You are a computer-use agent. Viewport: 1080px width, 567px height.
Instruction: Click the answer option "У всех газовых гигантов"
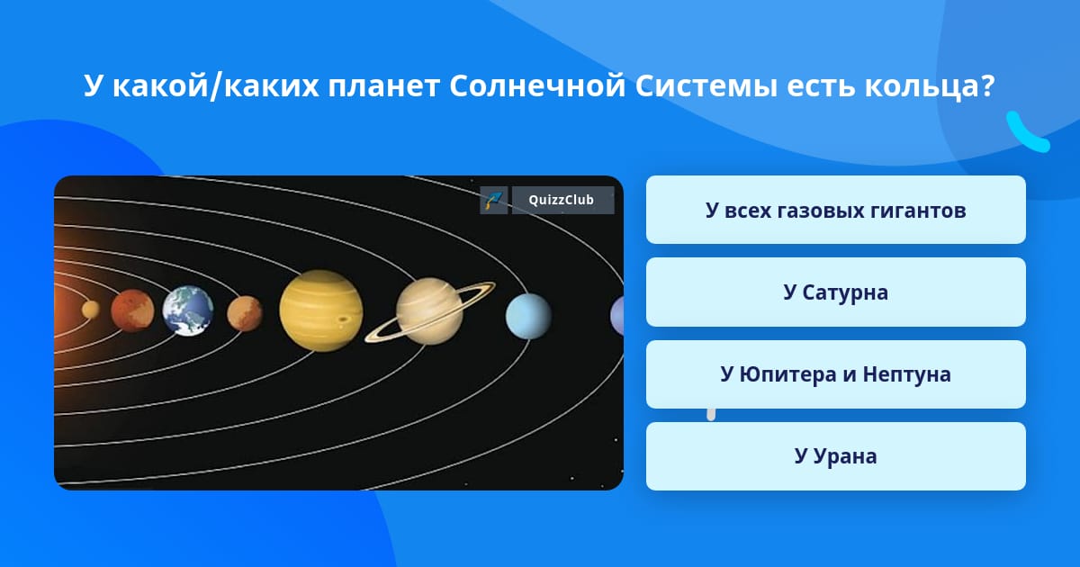[x=835, y=210]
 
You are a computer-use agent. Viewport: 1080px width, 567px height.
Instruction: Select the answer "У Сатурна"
[x=835, y=292]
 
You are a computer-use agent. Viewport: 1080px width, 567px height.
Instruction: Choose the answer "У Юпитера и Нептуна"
[x=835, y=374]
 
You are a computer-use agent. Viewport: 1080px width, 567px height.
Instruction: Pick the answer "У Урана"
[x=835, y=456]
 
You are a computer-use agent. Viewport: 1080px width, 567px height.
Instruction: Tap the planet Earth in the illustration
[x=188, y=311]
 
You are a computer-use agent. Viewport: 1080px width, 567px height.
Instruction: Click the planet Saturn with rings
[x=429, y=311]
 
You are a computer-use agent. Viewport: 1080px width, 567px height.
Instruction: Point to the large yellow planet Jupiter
[x=321, y=310]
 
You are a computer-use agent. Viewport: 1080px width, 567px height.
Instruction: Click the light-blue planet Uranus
[x=528, y=316]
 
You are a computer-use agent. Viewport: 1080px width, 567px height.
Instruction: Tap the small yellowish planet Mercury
[x=90, y=310]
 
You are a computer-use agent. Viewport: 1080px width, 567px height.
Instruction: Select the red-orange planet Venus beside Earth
[x=132, y=311]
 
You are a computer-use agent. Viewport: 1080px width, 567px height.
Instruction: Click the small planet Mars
[x=245, y=313]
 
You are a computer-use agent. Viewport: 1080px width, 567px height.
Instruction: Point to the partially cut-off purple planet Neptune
[x=617, y=316]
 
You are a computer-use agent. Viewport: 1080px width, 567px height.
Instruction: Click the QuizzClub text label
[x=562, y=200]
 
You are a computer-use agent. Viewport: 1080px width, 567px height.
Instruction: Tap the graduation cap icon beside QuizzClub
[x=494, y=200]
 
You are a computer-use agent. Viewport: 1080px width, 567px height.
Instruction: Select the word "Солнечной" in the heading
[x=537, y=85]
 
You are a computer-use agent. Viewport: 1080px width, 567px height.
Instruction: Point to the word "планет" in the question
[x=383, y=86]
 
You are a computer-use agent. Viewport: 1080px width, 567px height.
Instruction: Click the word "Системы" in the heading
[x=706, y=85]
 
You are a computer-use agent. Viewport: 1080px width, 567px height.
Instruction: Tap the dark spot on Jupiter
[x=344, y=319]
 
